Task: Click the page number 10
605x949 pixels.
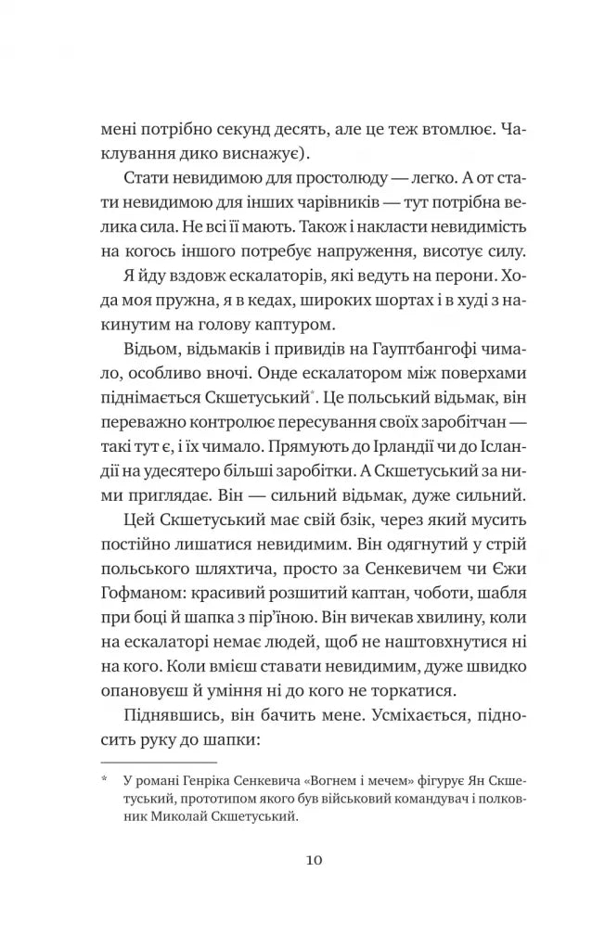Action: pos(312,859)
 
